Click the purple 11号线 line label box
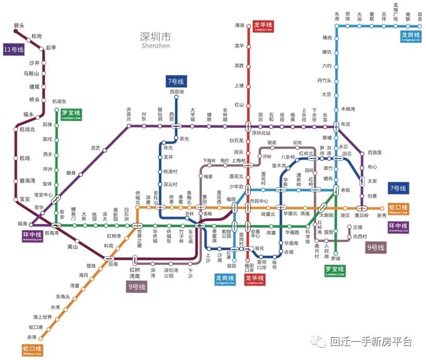[14, 50]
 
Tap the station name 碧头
[19, 25]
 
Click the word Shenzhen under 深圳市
[155, 45]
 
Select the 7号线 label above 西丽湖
[176, 82]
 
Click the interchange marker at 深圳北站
[248, 126]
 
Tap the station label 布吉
[345, 124]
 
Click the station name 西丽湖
[176, 92]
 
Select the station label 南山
[72, 247]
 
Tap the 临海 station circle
[31, 225]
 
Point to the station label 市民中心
[258, 201]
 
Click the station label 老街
[345, 190]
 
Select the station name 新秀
[382, 215]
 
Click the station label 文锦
[358, 227]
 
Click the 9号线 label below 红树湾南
[138, 287]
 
